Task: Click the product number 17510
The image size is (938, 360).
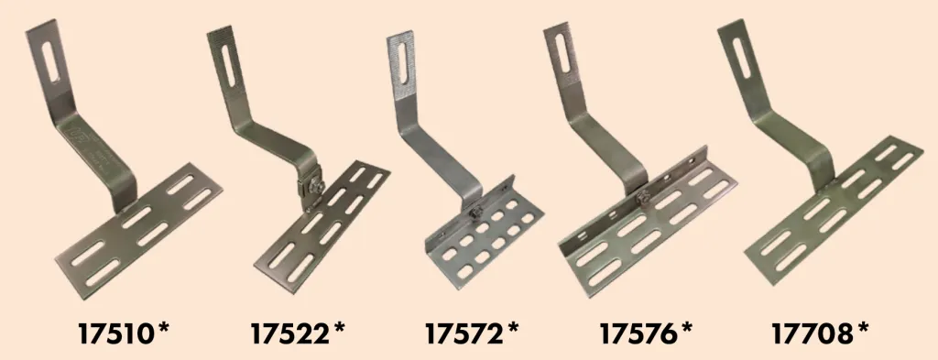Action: pos(115,333)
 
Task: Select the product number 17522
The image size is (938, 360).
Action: pos(289,333)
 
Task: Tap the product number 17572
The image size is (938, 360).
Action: pos(464,333)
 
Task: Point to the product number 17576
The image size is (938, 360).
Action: pos(638,333)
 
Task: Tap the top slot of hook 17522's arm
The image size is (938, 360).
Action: pos(228,65)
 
